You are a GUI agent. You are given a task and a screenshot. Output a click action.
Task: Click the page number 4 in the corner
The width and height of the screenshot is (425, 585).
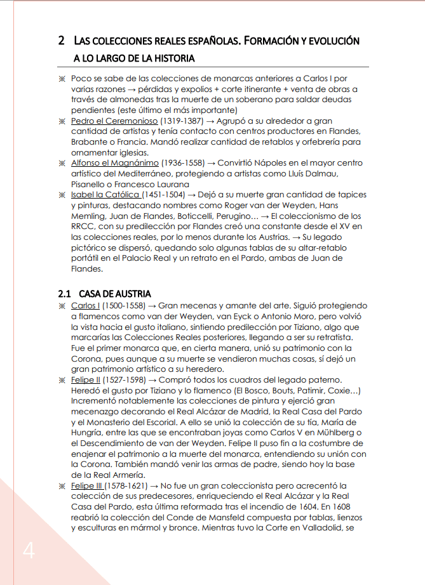pyautogui.click(x=29, y=551)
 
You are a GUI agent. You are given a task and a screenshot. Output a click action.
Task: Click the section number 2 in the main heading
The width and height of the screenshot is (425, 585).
pyautogui.click(x=62, y=41)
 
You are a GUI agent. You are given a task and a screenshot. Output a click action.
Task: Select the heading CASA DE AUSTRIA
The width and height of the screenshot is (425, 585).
pyautogui.click(x=115, y=294)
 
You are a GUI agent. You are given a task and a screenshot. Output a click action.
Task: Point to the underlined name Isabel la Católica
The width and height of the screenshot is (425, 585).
pyautogui.click(x=105, y=195)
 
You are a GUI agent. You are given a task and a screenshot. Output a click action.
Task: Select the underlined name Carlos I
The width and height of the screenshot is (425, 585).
pyautogui.click(x=85, y=306)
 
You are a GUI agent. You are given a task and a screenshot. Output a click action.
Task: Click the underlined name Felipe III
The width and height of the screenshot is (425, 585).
pyautogui.click(x=86, y=485)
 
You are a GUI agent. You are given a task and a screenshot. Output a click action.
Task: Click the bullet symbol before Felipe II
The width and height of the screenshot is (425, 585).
pyautogui.click(x=62, y=379)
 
